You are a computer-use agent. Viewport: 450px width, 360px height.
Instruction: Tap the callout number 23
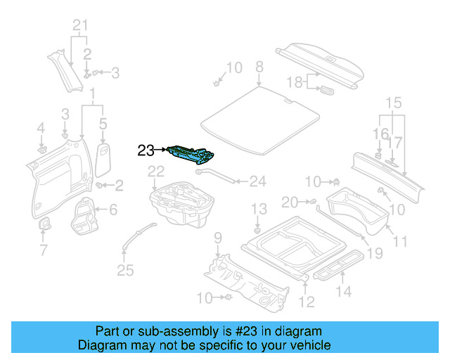point(146,150)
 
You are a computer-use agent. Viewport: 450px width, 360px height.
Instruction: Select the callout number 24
point(258,181)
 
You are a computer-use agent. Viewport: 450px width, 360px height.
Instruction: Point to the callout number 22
point(155,171)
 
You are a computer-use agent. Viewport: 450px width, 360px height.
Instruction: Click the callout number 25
point(124,270)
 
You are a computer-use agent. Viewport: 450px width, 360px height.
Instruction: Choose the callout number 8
point(259,67)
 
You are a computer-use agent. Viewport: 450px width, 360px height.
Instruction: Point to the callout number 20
point(290,202)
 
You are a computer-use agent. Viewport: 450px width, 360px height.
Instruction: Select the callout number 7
point(43,250)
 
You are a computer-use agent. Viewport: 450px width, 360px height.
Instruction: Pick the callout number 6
point(113,209)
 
